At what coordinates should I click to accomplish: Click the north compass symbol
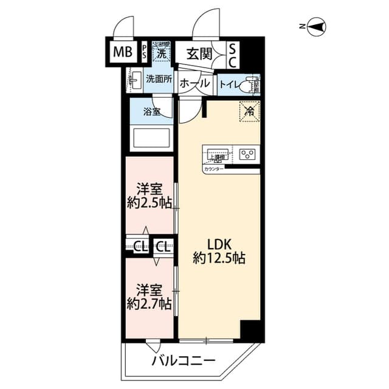317,26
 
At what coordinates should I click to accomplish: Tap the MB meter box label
122,52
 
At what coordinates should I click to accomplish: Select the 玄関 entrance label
199,53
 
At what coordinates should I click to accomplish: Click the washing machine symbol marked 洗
161,52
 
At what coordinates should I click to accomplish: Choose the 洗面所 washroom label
159,79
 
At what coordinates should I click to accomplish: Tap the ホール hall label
195,83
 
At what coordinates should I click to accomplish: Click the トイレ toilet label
229,84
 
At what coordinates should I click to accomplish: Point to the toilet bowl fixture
247,86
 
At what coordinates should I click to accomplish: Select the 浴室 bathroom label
152,111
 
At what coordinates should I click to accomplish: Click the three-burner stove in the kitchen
248,154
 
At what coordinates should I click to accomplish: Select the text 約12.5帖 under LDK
219,258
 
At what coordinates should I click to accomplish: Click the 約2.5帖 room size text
150,203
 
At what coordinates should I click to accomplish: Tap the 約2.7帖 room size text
149,303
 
